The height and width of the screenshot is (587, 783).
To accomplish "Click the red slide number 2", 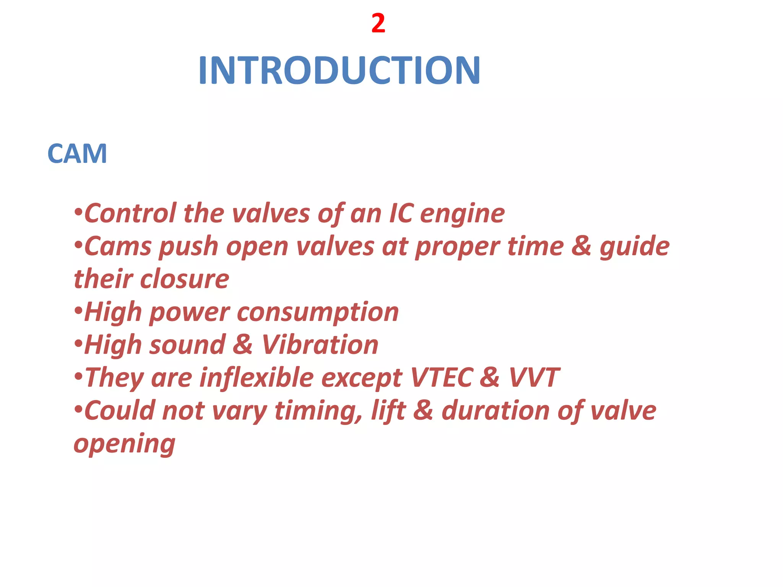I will coord(378,24).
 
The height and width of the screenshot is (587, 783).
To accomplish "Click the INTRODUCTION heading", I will coord(339,70).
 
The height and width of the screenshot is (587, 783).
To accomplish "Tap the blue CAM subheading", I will coord(77,154).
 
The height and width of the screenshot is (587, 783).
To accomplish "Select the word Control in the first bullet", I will coord(130,213).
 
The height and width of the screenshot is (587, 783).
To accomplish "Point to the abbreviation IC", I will coord(401,213).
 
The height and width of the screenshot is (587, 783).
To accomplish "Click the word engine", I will coord(462,214).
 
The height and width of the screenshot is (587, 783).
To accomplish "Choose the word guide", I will coord(635,247).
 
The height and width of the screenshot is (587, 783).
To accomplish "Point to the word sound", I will coord(187,345).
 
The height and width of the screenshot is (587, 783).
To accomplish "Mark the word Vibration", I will coord(320,345).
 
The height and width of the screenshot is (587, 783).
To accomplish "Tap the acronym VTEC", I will coord(442,378).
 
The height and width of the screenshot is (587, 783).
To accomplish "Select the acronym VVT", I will coord(534,378).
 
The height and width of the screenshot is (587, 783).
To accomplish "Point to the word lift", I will coord(388,410).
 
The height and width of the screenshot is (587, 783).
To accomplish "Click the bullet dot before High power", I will coord(78,311).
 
